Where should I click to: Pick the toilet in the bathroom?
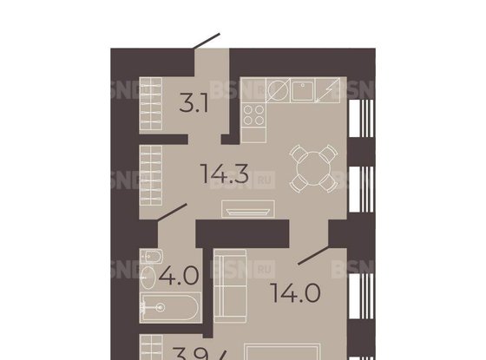(148, 258)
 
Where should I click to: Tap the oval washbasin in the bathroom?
(148, 279)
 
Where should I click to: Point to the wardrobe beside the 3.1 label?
(153, 102)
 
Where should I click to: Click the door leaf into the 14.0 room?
(312, 256)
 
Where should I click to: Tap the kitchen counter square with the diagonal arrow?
(331, 90)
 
